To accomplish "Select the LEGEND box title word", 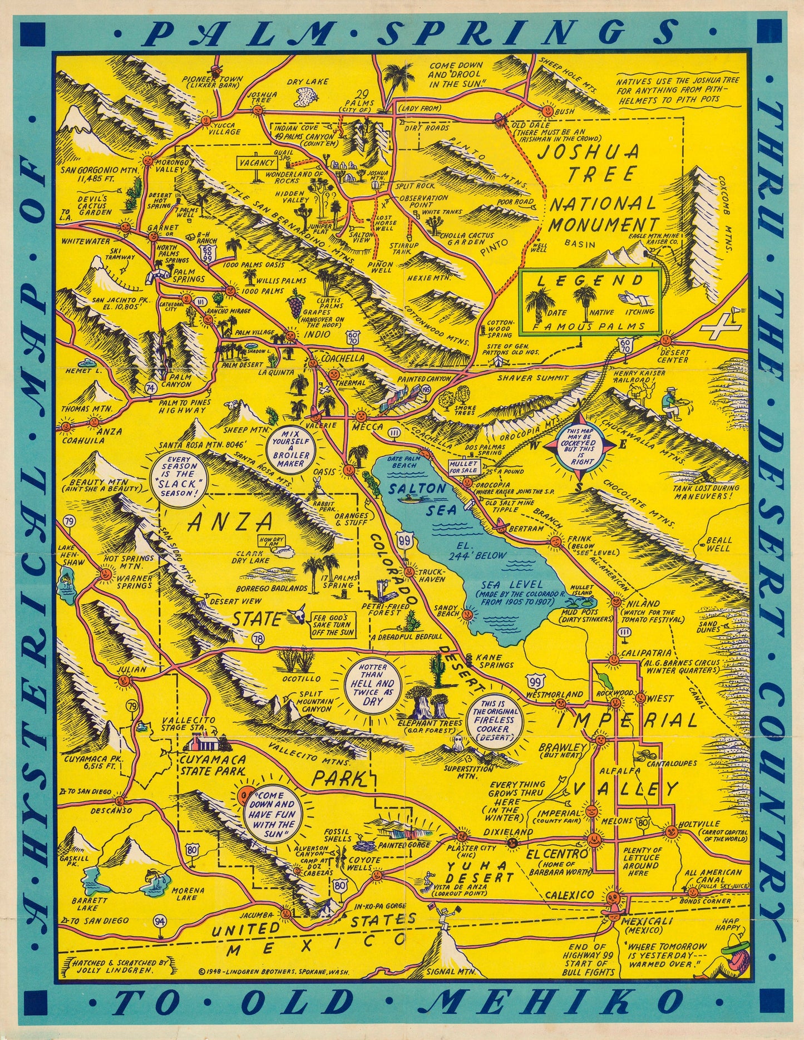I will tap(590, 280).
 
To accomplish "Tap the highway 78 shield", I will tap(258, 639).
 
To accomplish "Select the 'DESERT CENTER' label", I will tap(674, 356).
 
